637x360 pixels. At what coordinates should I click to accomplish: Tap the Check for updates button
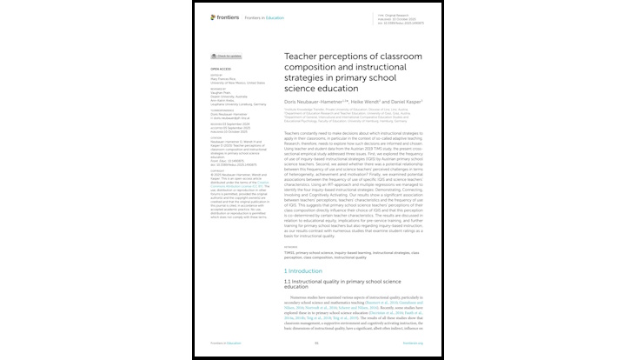pos(225,56)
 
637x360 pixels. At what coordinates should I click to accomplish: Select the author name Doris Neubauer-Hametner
pos(316,101)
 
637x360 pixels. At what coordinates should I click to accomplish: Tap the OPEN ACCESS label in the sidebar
pos(220,68)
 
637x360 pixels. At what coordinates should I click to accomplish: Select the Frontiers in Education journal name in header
pos(264,17)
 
